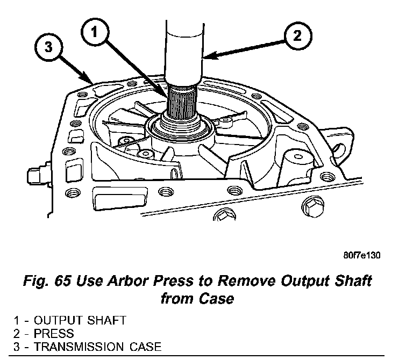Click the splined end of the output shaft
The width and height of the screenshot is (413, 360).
coord(184,103)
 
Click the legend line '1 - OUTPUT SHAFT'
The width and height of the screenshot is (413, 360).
coord(70,321)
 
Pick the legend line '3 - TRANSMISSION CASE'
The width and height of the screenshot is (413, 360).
coord(87,346)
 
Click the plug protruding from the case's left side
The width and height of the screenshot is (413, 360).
coord(32,175)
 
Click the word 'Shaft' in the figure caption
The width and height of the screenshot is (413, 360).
coord(353,282)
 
